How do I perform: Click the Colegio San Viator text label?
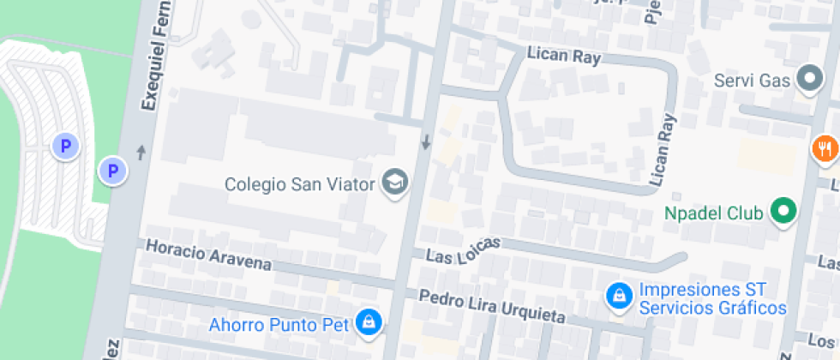coord(302,184)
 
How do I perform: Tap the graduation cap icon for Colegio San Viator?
coord(395,183)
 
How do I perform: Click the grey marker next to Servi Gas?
coord(808,80)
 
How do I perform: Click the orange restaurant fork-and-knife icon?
coord(825,148)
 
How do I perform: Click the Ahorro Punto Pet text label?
coord(279,325)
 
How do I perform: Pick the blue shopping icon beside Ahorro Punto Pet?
coord(369,323)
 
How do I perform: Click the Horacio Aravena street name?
coord(208,255)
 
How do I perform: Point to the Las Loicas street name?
coord(463,255)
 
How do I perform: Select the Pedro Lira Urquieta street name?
coord(492,306)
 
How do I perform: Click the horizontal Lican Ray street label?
coord(563,57)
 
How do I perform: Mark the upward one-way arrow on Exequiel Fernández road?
coord(141,152)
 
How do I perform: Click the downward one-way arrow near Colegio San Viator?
coord(426,141)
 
